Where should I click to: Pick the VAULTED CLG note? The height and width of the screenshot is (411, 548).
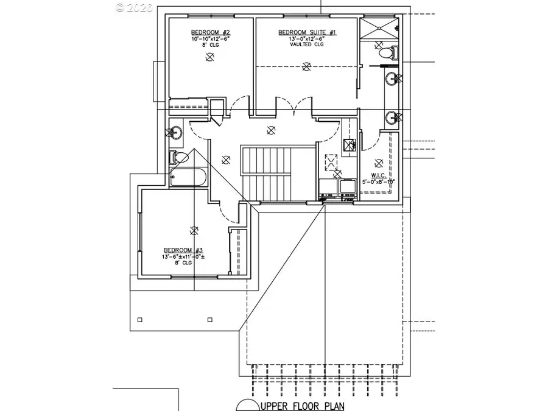pyautogui.click(x=307, y=44)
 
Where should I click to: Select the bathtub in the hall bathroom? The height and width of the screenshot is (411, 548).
pyautogui.click(x=188, y=178)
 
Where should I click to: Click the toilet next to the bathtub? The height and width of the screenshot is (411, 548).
pyautogui.click(x=180, y=157)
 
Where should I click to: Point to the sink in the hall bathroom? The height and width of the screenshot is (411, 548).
pyautogui.click(x=175, y=132)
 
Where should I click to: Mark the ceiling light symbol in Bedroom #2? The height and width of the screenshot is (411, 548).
pyautogui.click(x=210, y=57)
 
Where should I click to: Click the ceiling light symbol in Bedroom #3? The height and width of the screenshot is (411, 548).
pyautogui.click(x=194, y=230)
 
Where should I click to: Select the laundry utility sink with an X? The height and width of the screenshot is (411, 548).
pyautogui.click(x=350, y=145)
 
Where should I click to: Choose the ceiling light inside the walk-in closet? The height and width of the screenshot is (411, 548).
pyautogui.click(x=379, y=162)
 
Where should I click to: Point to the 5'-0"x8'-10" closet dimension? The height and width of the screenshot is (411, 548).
pyautogui.click(x=379, y=181)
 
